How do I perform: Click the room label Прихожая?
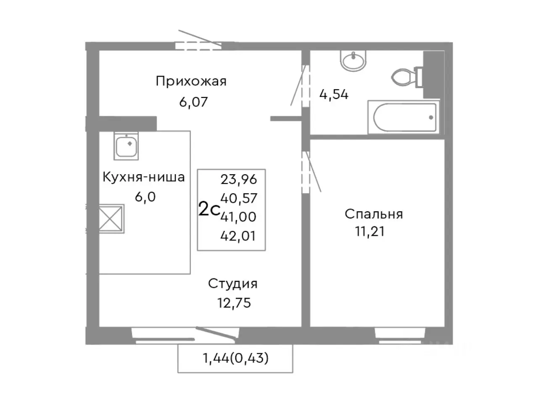pos(191,81)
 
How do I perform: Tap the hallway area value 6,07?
pos(194,102)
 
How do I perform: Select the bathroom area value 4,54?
pos(334,94)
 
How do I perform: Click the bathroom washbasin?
pos(354,61)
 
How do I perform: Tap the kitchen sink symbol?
pos(126,146)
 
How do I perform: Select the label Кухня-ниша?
pos(144,177)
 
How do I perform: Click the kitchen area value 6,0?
pos(145,196)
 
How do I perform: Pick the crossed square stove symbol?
pos(111,219)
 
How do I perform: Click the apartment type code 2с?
pos(209,209)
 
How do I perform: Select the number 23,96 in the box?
pos(238,180)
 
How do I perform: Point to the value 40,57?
pos(238,198)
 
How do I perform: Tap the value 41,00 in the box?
pos(238,217)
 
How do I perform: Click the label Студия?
pos(233,284)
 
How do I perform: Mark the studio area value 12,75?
pos(234,303)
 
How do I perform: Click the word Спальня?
pos(374,214)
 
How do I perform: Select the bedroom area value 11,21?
pos(370,231)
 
